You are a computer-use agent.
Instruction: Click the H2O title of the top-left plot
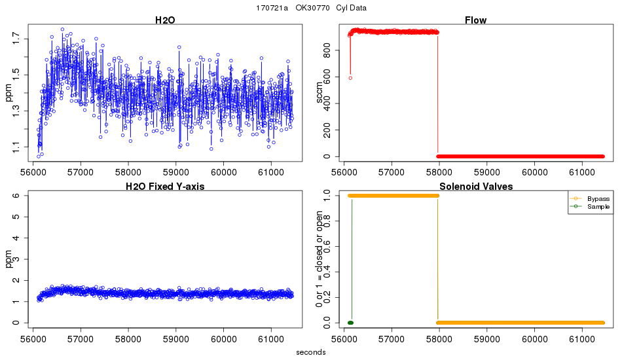pos(165,20)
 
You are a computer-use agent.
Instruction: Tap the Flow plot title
pos(475,20)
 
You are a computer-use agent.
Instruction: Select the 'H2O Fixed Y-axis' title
pos(165,187)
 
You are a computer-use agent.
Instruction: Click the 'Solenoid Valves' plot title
pos(475,187)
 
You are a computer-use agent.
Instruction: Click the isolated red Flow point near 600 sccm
pos(350,78)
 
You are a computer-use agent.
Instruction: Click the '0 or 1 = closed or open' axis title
pos(320,259)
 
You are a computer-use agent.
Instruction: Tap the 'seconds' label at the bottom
pos(310,352)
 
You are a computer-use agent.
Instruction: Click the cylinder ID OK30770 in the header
pos(313,8)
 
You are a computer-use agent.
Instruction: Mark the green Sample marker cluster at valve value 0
pos(350,323)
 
